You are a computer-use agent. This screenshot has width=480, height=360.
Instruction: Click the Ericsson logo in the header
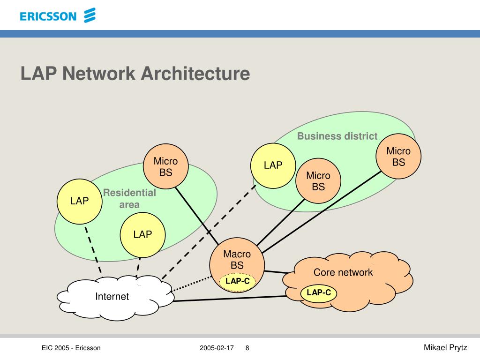click(x=58, y=16)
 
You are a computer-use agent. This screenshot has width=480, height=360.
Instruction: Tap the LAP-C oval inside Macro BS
click(x=238, y=281)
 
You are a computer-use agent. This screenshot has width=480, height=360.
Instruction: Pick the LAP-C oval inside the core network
click(x=319, y=293)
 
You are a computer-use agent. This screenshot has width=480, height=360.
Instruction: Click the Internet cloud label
click(x=112, y=296)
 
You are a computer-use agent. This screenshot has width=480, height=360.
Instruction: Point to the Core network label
click(x=343, y=272)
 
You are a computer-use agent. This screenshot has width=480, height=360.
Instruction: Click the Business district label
click(x=337, y=136)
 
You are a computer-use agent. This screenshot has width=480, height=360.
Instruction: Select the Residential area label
click(x=129, y=199)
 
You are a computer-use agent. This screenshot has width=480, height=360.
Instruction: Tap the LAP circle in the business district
click(x=273, y=165)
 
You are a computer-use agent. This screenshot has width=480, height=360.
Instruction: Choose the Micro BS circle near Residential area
click(x=165, y=167)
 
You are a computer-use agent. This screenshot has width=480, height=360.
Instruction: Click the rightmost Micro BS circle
click(x=398, y=157)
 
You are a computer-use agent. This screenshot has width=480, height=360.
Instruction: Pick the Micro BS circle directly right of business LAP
click(x=318, y=181)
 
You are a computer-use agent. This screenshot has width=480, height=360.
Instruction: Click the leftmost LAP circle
click(x=80, y=201)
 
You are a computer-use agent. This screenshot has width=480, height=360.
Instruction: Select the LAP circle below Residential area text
click(x=142, y=234)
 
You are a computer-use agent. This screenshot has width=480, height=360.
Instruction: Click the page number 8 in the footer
click(x=247, y=348)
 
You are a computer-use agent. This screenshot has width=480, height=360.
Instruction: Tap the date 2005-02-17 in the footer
click(x=217, y=348)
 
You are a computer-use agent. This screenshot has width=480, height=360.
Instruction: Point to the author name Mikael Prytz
click(x=445, y=347)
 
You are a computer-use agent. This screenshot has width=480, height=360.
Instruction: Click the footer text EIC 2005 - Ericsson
click(x=71, y=348)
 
